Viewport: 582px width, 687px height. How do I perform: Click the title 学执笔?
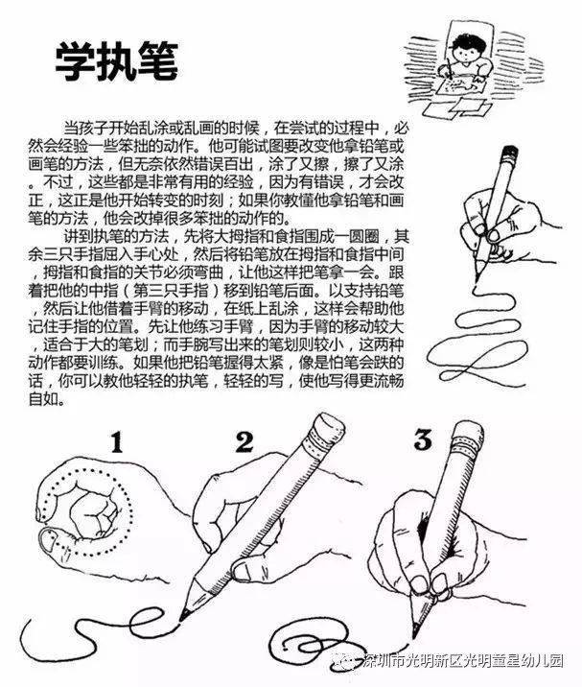116,61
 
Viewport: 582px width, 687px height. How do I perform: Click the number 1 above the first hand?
116,442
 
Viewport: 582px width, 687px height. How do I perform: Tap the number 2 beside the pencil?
244,442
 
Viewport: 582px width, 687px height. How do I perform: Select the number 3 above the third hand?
423,439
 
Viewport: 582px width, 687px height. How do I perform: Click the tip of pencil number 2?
182,617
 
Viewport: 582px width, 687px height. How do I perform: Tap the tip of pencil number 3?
415,633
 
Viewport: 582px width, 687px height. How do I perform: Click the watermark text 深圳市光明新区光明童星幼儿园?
463,660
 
